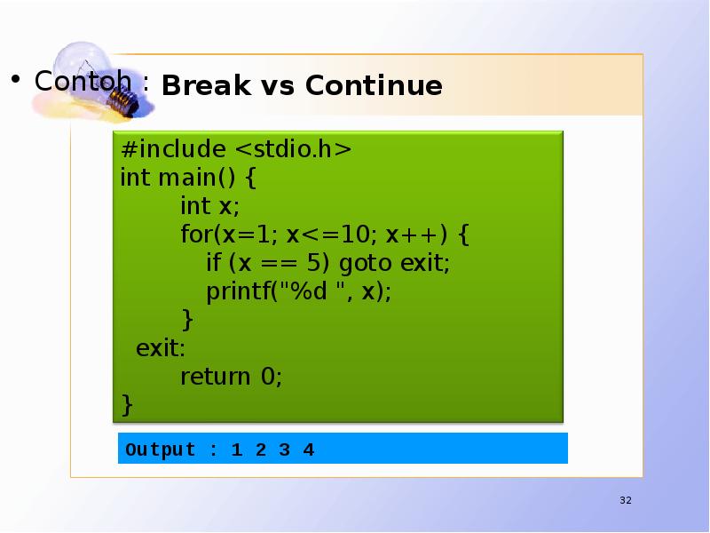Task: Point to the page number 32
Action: click(x=625, y=502)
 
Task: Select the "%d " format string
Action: click(x=312, y=292)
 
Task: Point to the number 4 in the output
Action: click(x=308, y=449)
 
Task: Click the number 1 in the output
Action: click(x=236, y=449)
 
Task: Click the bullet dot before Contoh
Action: click(x=16, y=81)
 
